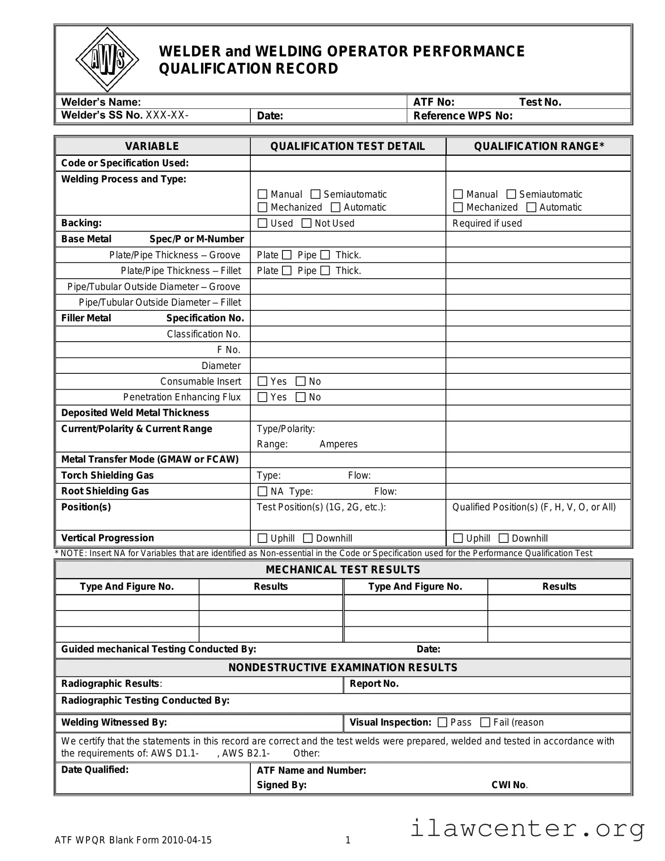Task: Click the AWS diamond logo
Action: pyautogui.click(x=107, y=60)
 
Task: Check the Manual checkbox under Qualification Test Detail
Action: pyautogui.click(x=262, y=194)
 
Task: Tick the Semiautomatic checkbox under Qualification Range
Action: pyautogui.click(x=511, y=194)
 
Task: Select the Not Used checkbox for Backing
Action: pyautogui.click(x=306, y=223)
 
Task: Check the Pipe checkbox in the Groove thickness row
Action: pyautogui.click(x=325, y=255)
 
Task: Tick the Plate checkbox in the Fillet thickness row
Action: pyautogui.click(x=287, y=271)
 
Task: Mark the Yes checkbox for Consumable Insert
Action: pyautogui.click(x=262, y=381)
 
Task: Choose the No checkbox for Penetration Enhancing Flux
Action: pyautogui.click(x=301, y=397)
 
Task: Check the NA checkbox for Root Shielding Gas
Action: pyautogui.click(x=262, y=491)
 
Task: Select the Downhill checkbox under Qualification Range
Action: pyautogui.click(x=504, y=538)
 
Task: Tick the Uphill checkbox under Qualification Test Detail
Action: pyautogui.click(x=262, y=538)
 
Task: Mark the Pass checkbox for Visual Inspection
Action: pyautogui.click(x=442, y=722)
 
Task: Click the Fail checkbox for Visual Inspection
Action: pyautogui.click(x=485, y=722)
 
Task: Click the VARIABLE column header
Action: pyautogui.click(x=152, y=146)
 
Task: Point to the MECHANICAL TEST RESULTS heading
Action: pyautogui.click(x=343, y=569)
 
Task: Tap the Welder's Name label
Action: pyautogui.click(x=101, y=102)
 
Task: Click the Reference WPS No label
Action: pyautogui.click(x=463, y=116)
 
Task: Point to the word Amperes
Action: pyautogui.click(x=338, y=444)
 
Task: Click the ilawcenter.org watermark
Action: pyautogui.click(x=527, y=828)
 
